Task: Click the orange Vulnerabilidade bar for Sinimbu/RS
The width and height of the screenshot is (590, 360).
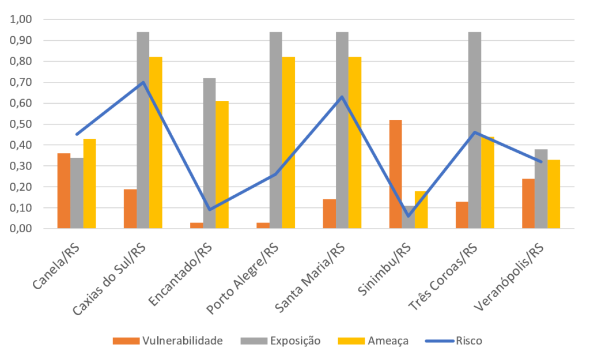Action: pos(395,174)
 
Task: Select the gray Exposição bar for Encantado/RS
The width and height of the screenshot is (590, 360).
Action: pos(209,153)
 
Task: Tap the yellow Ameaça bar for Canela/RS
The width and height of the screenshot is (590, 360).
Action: pos(89,184)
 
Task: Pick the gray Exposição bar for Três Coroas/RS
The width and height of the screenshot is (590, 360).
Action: pos(475,130)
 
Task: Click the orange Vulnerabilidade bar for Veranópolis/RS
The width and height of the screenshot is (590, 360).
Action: pos(528,203)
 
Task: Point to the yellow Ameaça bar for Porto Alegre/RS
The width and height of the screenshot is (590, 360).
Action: pos(289,143)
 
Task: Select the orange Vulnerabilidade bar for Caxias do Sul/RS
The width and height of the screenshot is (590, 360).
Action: pos(130,209)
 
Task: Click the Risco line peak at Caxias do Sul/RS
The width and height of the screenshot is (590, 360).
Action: pos(143,82)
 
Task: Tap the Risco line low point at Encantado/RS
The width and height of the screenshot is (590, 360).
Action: pos(210,210)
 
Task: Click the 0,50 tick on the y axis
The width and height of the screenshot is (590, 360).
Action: pos(21,124)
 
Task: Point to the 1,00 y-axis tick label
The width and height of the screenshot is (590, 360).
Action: pos(21,19)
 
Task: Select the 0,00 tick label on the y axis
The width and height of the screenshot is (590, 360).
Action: pos(21,228)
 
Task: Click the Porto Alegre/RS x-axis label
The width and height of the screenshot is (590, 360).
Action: pos(243,278)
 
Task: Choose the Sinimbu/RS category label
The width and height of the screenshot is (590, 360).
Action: pos(384,269)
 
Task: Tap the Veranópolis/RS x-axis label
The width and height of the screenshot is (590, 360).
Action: pos(508,277)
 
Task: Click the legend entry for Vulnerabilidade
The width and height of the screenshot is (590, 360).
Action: pos(168,341)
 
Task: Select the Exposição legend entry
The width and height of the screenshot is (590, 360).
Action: pos(281,341)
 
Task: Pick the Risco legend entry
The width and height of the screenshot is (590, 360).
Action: pos(453,341)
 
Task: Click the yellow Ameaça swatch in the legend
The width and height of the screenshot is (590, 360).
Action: pos(351,341)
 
